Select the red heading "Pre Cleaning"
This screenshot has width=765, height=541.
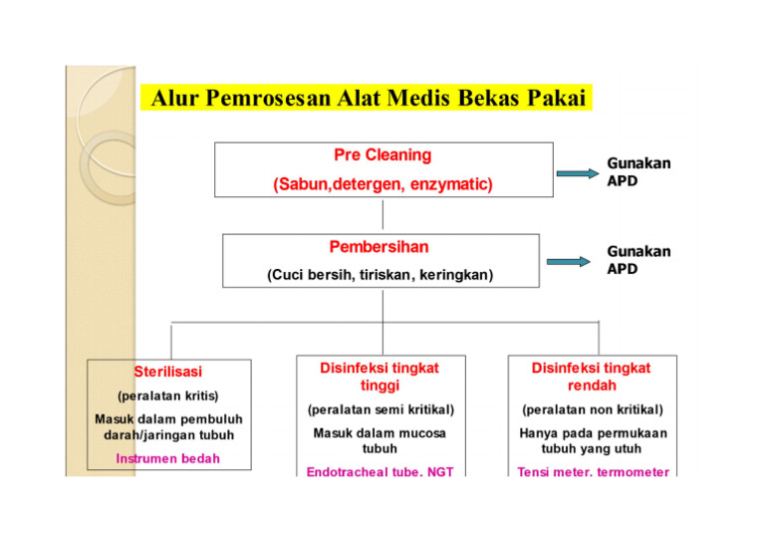(x=382, y=155)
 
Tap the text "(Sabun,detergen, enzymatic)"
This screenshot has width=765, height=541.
(x=382, y=185)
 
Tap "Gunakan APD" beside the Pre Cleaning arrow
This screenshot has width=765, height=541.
(x=638, y=171)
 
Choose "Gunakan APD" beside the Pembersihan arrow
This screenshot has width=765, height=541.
(x=638, y=261)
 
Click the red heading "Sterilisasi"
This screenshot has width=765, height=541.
(x=167, y=372)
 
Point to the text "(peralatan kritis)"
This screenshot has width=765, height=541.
(x=167, y=396)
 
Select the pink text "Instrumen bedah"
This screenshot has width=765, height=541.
(x=167, y=458)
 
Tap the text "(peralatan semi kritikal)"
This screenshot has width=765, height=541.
(x=380, y=409)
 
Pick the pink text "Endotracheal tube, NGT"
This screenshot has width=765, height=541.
(x=380, y=471)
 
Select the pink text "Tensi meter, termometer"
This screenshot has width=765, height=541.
(x=593, y=471)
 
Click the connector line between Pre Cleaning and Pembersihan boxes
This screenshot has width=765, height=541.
(x=382, y=216)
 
